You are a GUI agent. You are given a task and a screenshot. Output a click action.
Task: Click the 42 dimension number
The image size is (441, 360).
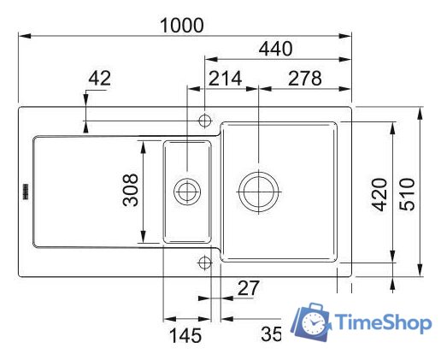(x=100, y=78)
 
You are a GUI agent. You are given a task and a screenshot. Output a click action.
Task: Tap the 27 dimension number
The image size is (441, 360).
(x=248, y=289)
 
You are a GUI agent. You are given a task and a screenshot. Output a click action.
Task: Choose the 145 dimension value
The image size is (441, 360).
(x=185, y=335)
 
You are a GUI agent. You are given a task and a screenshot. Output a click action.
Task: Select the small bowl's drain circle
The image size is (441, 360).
(x=186, y=191)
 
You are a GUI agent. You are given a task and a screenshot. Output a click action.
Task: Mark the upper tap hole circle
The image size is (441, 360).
(x=204, y=119)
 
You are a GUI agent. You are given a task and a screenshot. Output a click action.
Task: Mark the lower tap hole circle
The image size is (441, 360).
(x=204, y=262)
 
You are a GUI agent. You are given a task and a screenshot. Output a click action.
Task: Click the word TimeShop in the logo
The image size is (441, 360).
(x=384, y=323)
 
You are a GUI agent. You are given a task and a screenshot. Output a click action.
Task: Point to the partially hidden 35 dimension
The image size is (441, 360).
(x=271, y=334)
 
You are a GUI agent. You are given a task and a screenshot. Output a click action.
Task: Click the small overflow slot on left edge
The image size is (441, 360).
(x=25, y=189)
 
